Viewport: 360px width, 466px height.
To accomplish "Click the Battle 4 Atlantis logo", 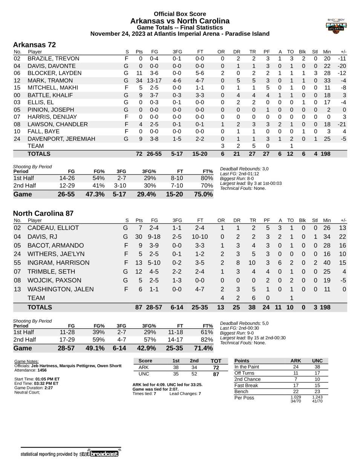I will click(336, 26).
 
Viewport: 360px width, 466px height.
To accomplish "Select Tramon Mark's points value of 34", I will click(139, 80).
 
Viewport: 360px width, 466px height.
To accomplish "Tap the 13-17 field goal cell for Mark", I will click(154, 80).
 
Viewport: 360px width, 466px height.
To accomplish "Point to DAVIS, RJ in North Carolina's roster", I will click(43, 237).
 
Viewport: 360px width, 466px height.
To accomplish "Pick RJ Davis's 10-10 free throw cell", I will click(199, 237).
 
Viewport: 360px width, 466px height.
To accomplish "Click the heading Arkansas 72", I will click(34, 45).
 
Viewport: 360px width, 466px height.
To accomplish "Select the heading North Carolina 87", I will click(43, 213).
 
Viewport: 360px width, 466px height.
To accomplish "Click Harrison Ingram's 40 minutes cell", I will click(327, 263).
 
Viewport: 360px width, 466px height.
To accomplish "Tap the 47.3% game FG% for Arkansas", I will click(95, 194).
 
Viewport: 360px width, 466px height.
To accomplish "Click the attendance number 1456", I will click(42, 370).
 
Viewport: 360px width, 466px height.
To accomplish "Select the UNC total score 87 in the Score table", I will click(216, 374).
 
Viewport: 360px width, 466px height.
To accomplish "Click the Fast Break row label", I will click(246, 385).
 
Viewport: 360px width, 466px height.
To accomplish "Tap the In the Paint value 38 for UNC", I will click(317, 367).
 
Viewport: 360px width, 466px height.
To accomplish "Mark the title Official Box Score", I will click(180, 14).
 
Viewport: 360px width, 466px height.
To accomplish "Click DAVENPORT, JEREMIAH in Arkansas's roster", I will click(61, 139).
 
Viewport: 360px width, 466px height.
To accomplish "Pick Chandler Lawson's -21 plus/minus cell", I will click(342, 124).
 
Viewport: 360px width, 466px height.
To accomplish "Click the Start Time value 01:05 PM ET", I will click(47, 379).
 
